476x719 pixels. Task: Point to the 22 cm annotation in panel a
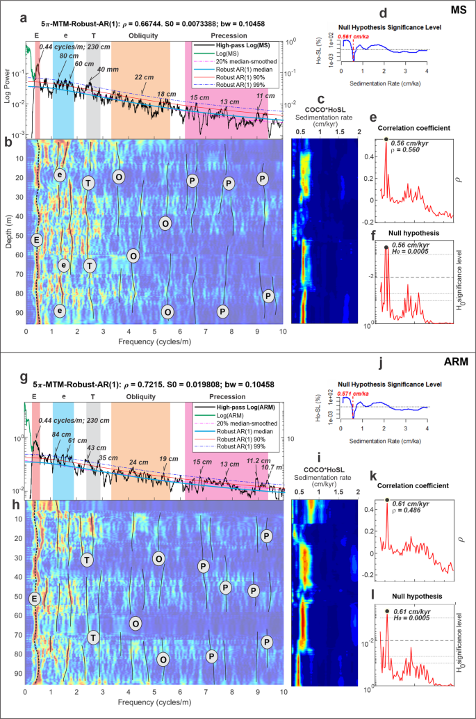(x=144, y=76)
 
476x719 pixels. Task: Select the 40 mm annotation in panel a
(x=108, y=70)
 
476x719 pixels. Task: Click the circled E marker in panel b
(x=37, y=240)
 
